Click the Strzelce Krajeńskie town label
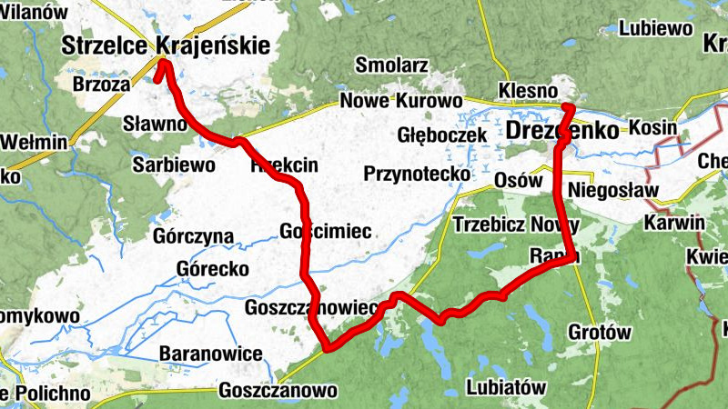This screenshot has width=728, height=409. pyautogui.click(x=167, y=44)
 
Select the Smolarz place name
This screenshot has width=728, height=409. pyautogui.click(x=391, y=65)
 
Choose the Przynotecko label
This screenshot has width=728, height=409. pyautogui.click(x=416, y=173)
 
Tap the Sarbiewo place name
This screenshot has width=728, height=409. pyautogui.click(x=174, y=165)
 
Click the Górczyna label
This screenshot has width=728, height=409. pyautogui.click(x=194, y=236)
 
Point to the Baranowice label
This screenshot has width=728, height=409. pyautogui.click(x=210, y=353)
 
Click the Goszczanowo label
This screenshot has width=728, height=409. pyautogui.click(x=278, y=391)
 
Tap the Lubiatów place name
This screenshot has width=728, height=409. pyautogui.click(x=505, y=386)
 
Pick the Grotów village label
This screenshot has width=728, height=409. pyautogui.click(x=598, y=332)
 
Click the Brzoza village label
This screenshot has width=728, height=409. pyautogui.click(x=101, y=83)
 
